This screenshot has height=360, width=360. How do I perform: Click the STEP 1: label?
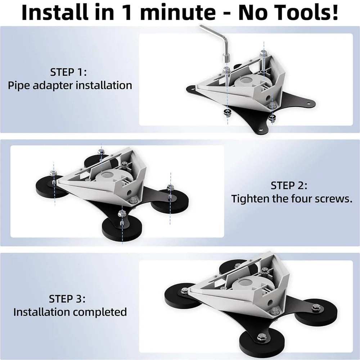68,72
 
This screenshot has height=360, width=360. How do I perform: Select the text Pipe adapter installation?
70,86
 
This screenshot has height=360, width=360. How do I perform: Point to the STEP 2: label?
289,185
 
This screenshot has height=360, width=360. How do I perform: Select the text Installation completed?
70,312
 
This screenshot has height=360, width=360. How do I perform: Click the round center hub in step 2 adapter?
110,176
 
